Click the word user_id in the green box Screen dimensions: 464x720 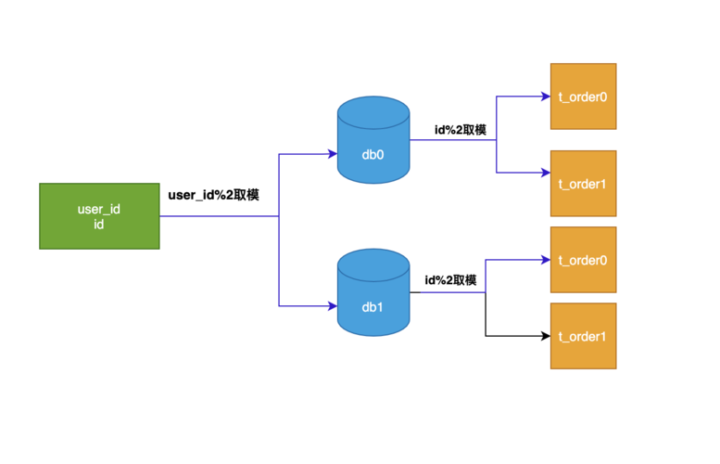point(98,209)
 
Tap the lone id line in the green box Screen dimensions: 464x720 point(98,225)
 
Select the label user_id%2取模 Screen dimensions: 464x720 point(213,196)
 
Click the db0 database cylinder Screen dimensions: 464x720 point(373,148)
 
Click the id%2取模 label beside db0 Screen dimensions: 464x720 point(461,130)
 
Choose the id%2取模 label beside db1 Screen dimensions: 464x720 point(450,279)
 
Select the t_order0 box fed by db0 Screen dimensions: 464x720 point(583,97)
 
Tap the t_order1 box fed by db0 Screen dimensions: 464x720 point(583,183)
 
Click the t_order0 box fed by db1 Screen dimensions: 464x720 point(583,260)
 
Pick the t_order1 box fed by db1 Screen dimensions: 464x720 point(583,336)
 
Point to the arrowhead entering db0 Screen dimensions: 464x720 point(333,154)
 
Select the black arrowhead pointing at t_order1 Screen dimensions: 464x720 point(545,336)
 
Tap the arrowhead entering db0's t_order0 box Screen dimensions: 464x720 point(545,96)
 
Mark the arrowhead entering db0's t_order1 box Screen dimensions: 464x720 point(545,173)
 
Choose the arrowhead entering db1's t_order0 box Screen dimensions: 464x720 point(545,260)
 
